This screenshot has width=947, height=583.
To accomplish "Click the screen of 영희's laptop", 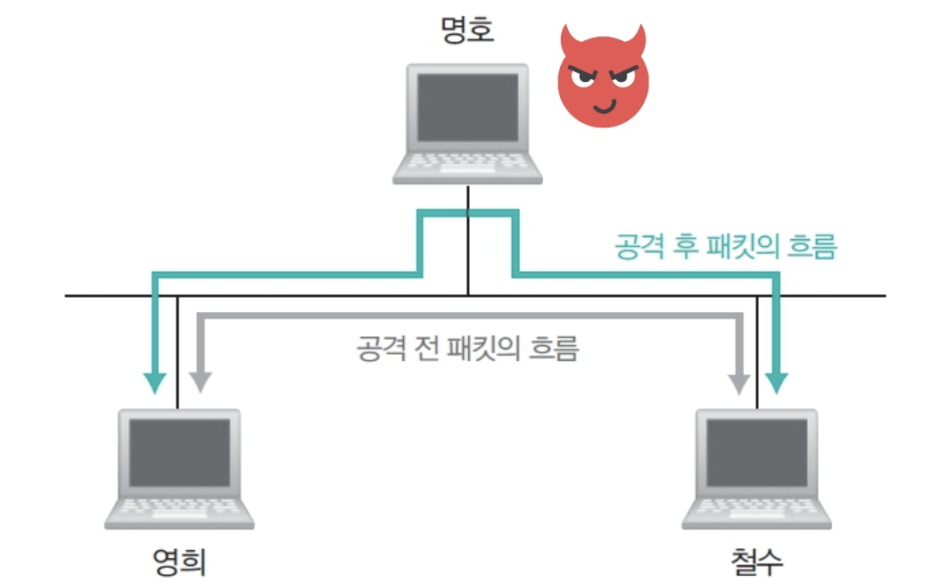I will (179, 451).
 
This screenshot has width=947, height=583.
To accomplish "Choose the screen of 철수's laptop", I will (756, 451).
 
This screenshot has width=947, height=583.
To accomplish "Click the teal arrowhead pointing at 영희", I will (156, 382).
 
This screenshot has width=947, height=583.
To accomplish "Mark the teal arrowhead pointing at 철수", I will (778, 382).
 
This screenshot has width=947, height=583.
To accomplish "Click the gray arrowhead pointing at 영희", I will (200, 382).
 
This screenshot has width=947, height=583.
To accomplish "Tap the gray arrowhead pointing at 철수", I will (739, 382).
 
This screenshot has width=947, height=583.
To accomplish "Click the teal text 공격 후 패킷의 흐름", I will (725, 246).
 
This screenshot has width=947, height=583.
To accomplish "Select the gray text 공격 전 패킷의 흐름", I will (467, 346).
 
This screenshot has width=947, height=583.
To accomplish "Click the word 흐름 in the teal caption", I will (813, 246).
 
